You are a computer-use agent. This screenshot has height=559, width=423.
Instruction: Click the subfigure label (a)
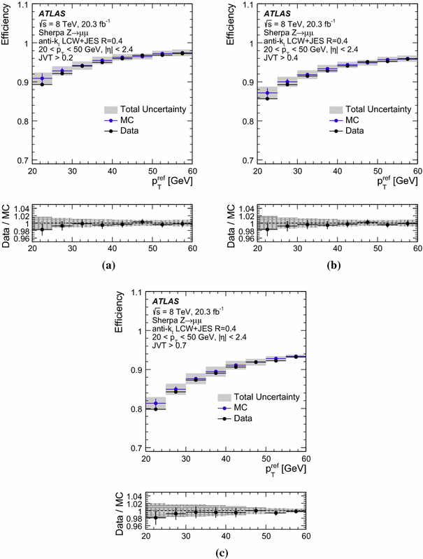click(108, 265)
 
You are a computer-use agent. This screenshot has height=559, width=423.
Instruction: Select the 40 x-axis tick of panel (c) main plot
click(225, 458)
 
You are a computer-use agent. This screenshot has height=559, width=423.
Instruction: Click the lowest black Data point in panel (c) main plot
click(155, 409)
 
